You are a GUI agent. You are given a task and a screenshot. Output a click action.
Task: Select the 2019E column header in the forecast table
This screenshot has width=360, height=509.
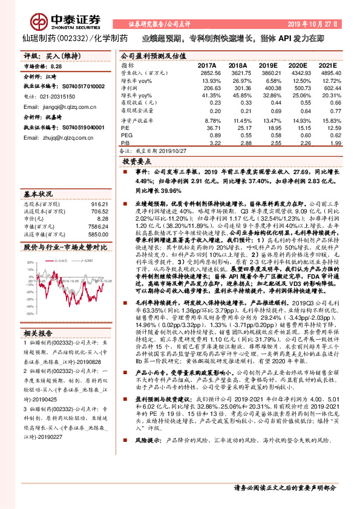tap(267, 65)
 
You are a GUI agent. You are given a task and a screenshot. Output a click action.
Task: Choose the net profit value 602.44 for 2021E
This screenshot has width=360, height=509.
tap(322, 88)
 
